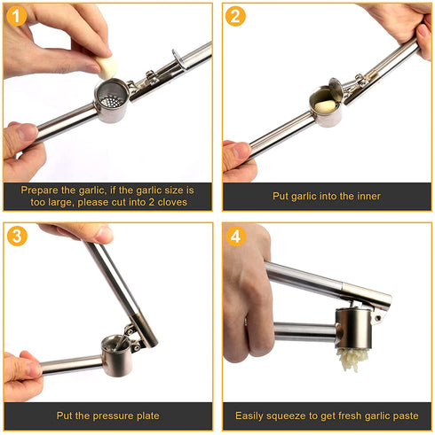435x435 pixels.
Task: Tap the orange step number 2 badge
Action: [x=235, y=17]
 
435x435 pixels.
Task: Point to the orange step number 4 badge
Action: [x=235, y=237]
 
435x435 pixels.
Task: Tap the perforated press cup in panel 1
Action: [x=112, y=104]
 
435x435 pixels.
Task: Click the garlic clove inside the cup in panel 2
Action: [x=325, y=104]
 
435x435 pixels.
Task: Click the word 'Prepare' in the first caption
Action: [x=43, y=189]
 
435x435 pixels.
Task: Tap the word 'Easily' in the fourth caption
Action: [x=252, y=415]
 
